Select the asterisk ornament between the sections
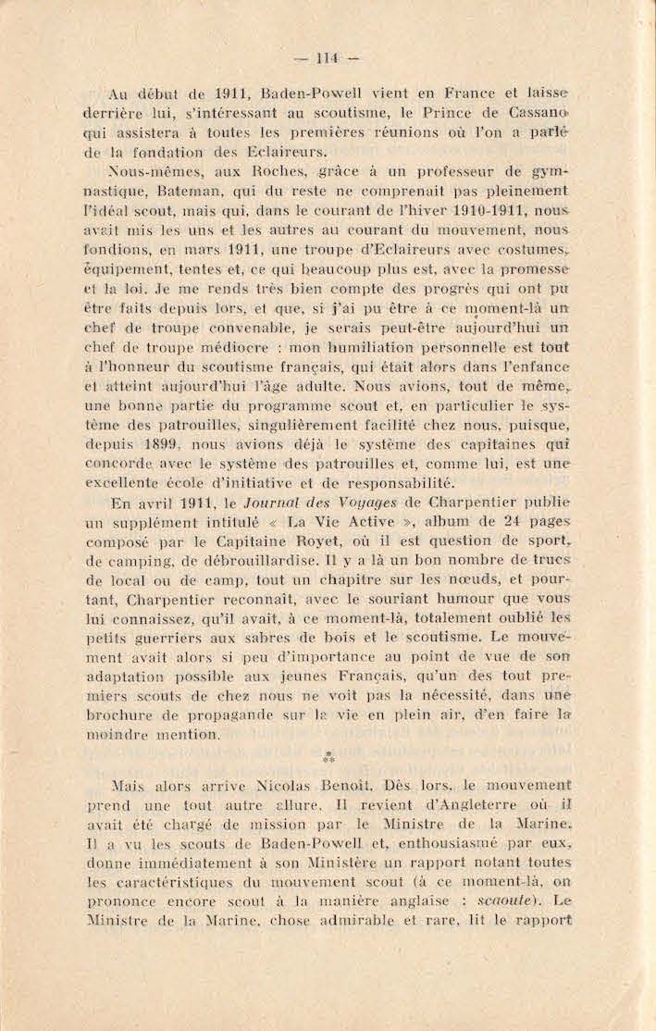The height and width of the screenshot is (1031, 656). tap(328, 758)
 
